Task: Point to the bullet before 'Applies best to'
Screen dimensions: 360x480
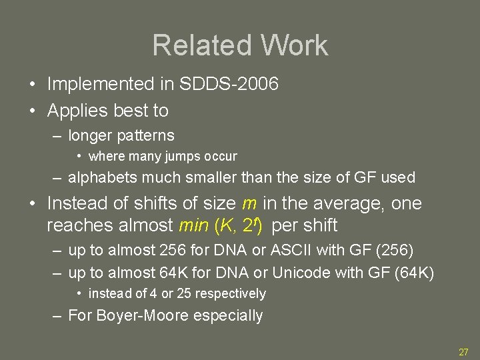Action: point(32,111)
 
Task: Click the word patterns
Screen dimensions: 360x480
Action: point(146,135)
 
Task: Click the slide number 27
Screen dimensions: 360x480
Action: point(463,352)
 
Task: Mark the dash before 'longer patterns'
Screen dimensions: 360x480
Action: point(59,135)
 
